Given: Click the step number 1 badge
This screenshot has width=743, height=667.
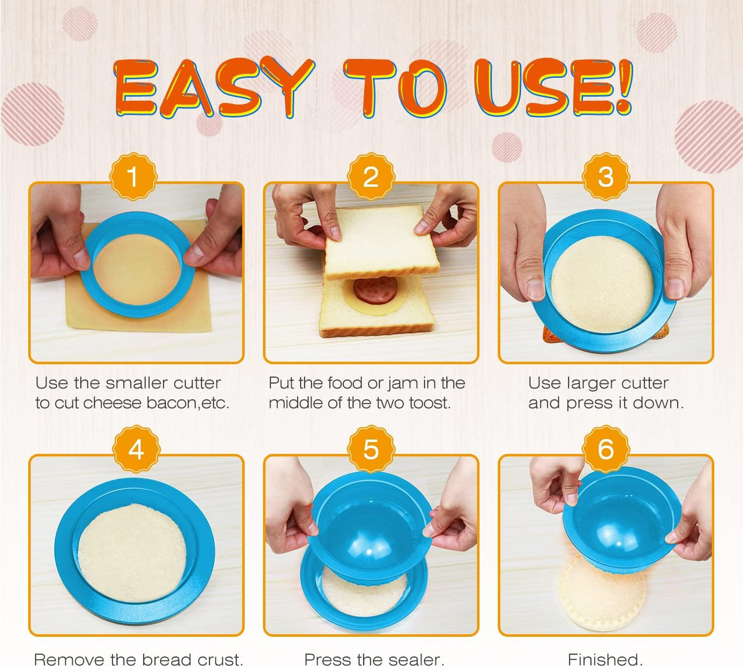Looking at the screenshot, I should (x=133, y=177).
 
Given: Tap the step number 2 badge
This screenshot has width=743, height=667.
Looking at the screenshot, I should (x=371, y=177).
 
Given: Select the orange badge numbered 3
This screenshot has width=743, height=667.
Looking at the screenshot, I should (x=606, y=177).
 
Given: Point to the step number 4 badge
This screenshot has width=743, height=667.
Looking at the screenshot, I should (x=136, y=449).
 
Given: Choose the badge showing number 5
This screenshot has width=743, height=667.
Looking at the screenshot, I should (x=371, y=449).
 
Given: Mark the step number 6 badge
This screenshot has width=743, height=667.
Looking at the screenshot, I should (x=606, y=449).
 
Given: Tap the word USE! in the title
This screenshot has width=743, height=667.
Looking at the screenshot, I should (x=553, y=87).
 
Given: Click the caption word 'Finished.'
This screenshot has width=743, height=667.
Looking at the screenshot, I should (x=605, y=659).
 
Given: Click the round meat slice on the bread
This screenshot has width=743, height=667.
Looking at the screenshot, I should (x=375, y=290).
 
